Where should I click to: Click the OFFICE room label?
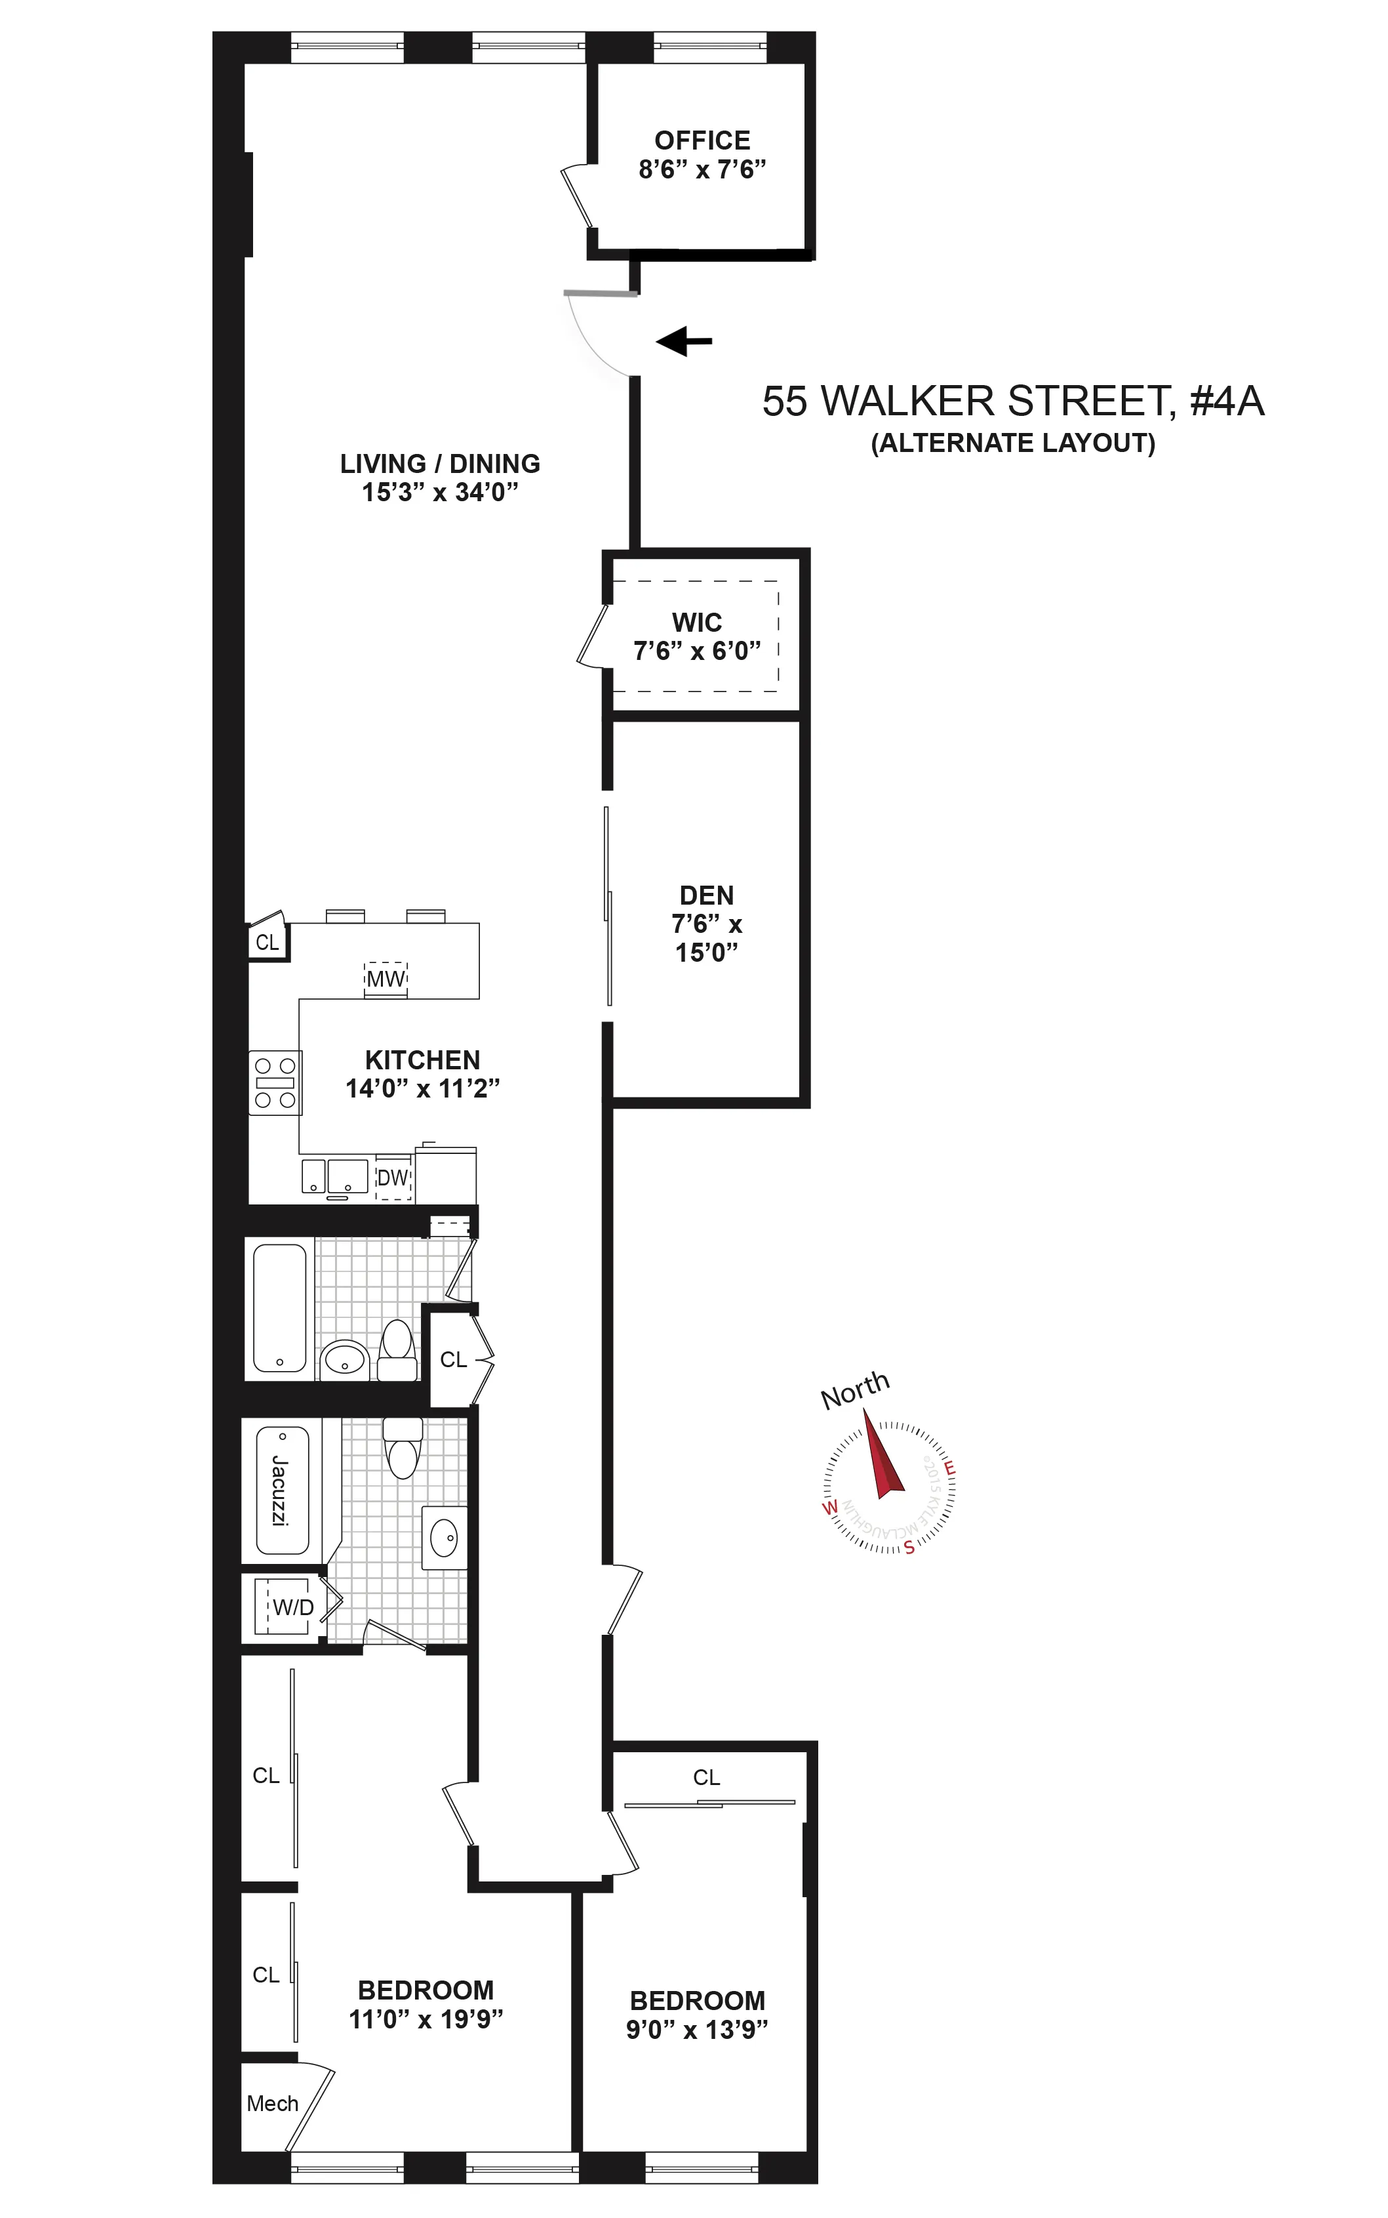tap(702, 140)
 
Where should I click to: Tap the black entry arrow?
tap(684, 340)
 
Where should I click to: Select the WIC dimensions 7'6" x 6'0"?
tap(697, 651)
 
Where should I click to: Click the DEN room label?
tap(706, 895)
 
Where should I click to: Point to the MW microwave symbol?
tap(386, 978)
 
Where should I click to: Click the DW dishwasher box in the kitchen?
tap(393, 1178)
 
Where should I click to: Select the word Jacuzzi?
tap(280, 1490)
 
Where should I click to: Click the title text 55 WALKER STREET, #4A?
tap(1012, 401)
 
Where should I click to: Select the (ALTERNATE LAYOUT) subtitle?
tap(1012, 443)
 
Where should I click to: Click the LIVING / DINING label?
tap(440, 464)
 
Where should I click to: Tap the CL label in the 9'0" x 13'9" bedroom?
tap(706, 1777)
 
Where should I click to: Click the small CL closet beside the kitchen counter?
tap(266, 942)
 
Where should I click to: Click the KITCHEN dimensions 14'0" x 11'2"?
tap(422, 1088)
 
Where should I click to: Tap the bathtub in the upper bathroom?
tap(279, 1308)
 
